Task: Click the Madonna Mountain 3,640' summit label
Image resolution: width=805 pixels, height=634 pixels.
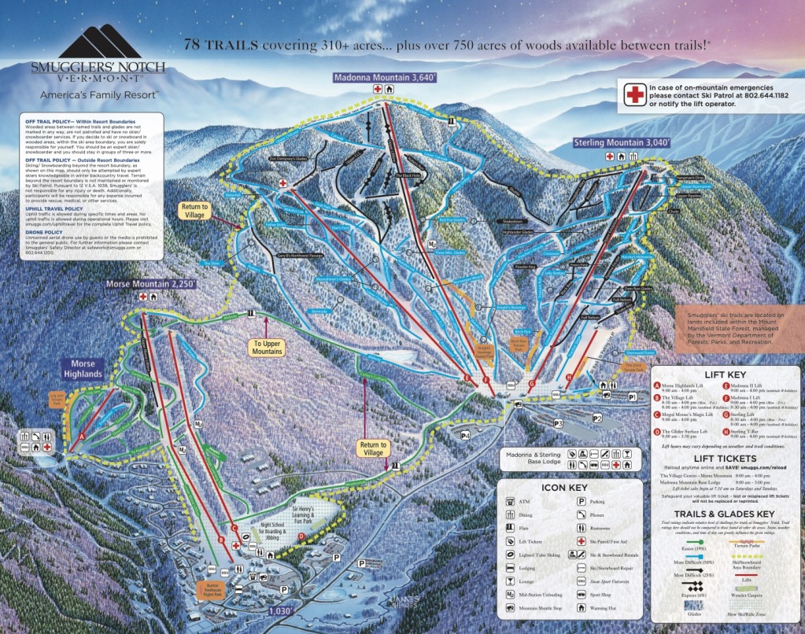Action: click(x=385, y=78)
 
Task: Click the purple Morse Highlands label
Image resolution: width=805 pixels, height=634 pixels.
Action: click(x=83, y=369)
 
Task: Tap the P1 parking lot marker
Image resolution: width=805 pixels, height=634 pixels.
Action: click(x=631, y=399)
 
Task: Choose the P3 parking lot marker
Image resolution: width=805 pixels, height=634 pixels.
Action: click(x=559, y=424)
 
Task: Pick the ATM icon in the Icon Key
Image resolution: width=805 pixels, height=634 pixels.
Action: click(x=512, y=500)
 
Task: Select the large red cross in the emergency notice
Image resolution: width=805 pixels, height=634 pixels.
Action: click(x=633, y=95)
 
